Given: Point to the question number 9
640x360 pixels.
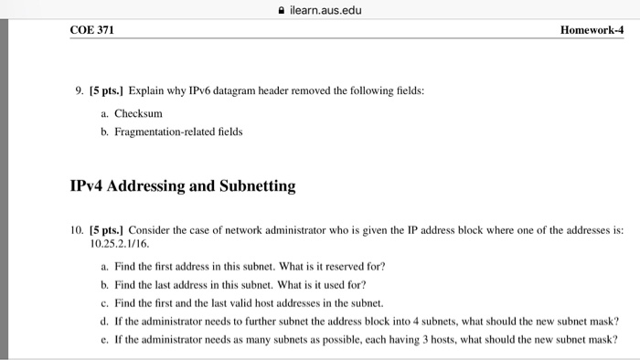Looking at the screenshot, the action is [x=80, y=92].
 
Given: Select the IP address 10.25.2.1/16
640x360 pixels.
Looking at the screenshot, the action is [x=122, y=244].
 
